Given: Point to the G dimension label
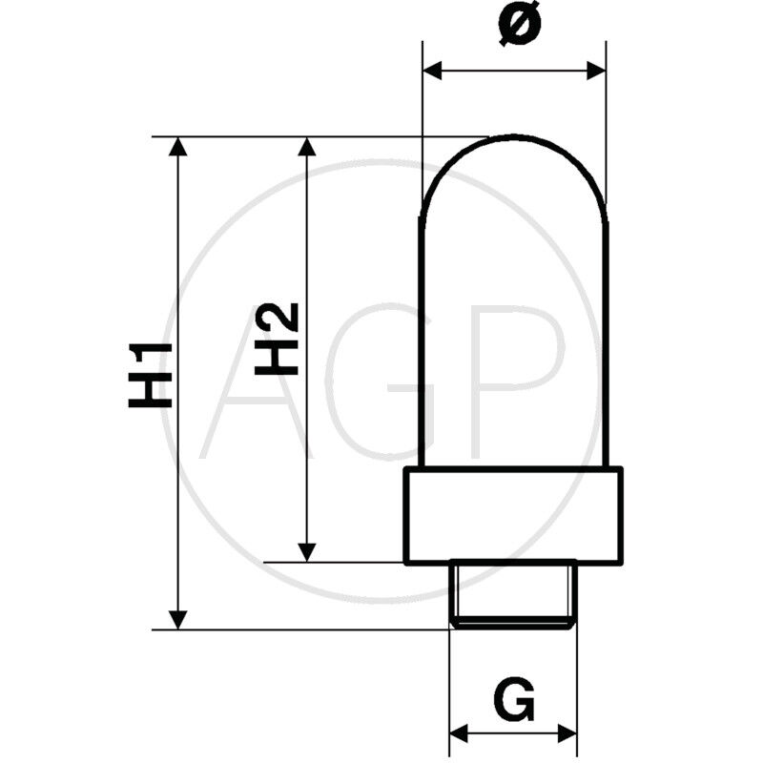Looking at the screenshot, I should pyautogui.click(x=514, y=701).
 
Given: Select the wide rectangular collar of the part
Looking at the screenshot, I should pyautogui.click(x=513, y=515).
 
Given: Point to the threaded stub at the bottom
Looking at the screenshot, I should pyautogui.click(x=513, y=593).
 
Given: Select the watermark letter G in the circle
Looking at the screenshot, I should pyautogui.click(x=381, y=381).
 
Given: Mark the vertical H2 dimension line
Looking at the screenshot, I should pyautogui.click(x=307, y=439).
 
